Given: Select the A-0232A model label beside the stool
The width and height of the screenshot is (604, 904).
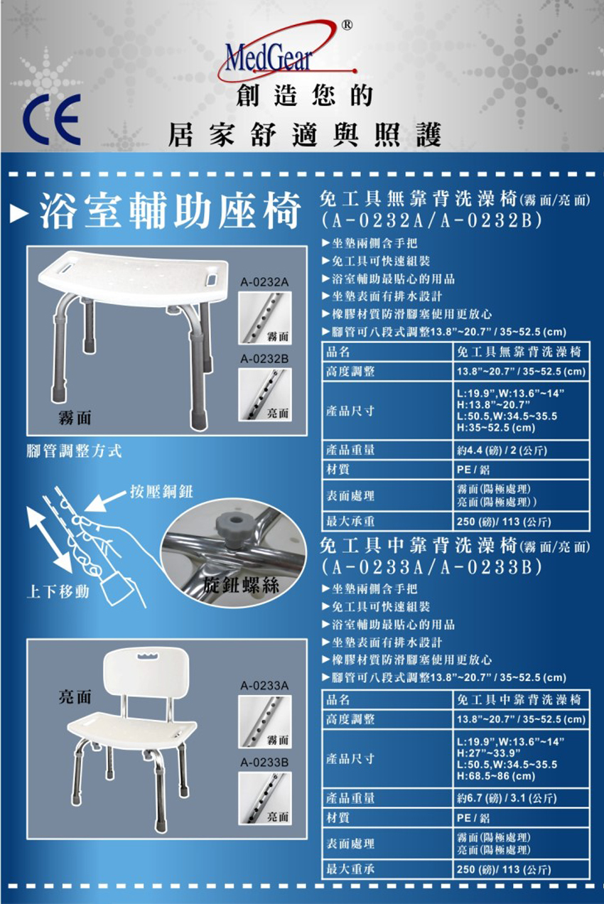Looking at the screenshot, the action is (264, 283).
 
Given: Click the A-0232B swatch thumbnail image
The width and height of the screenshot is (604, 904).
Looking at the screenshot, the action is (264, 395).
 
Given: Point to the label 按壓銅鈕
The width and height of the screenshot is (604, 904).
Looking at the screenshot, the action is (161, 492).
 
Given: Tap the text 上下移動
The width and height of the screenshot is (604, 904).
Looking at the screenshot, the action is (58, 592).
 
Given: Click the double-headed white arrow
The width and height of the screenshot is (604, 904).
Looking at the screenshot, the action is (50, 539).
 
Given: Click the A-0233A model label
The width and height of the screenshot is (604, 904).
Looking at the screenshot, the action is (264, 686).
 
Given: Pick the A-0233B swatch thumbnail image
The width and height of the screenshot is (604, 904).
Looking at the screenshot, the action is (264, 799).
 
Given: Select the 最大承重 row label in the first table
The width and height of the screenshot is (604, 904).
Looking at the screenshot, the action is (350, 522).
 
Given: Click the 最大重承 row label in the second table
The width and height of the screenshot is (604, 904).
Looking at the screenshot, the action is (350, 868).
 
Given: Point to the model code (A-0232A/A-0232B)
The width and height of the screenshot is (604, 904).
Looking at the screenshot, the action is (432, 220).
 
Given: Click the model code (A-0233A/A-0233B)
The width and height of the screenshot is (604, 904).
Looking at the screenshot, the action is (432, 567).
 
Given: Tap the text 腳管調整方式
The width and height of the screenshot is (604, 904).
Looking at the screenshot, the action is (74, 451).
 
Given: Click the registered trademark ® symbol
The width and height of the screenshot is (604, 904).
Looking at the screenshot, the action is (347, 25).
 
